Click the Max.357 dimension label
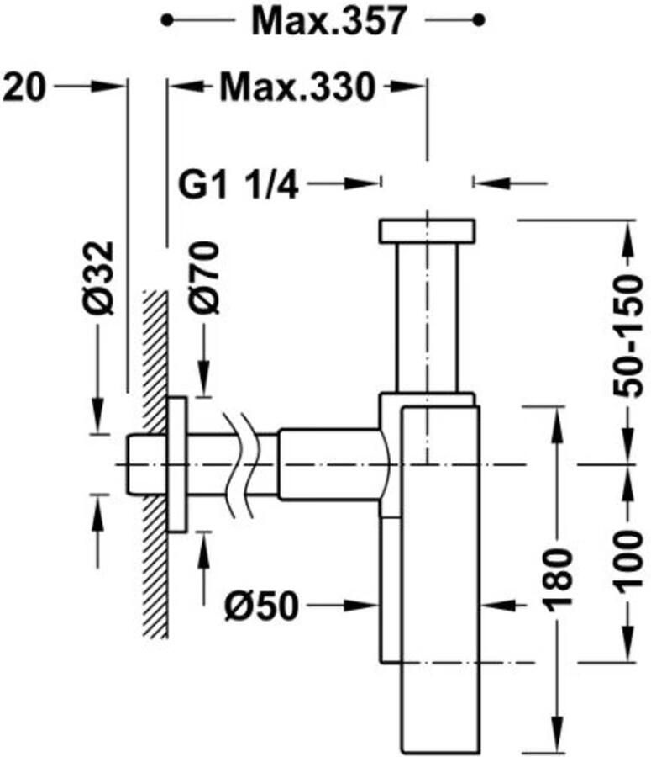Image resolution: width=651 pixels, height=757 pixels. pyautogui.click(x=329, y=21)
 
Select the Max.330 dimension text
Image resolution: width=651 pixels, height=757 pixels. pyautogui.click(x=297, y=87)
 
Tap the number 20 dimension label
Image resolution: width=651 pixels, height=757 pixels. pyautogui.click(x=24, y=87)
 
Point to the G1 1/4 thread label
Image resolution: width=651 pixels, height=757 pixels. pyautogui.click(x=239, y=185)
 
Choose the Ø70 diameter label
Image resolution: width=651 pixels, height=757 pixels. pyautogui.click(x=203, y=278)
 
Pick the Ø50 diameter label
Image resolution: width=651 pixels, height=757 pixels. pyautogui.click(x=262, y=606)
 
